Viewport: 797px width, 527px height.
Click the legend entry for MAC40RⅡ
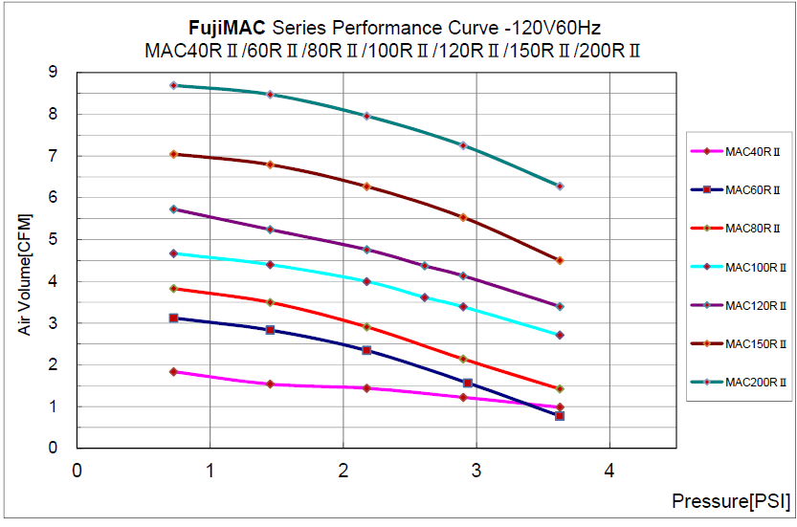click(x=738, y=151)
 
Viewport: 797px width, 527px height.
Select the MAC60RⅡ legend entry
click(x=738, y=190)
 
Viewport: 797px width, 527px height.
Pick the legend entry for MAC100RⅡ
click(x=738, y=267)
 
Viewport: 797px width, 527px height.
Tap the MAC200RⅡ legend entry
click(x=738, y=382)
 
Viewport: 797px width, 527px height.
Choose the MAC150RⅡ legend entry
click(x=738, y=343)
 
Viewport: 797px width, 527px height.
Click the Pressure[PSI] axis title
click(x=731, y=500)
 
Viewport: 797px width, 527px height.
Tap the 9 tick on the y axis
click(x=53, y=72)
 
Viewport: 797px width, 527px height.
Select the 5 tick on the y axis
click(x=53, y=239)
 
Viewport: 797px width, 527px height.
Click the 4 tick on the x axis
click(x=609, y=470)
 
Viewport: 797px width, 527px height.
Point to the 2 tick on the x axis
click(x=343, y=470)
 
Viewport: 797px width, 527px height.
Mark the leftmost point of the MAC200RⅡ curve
click(x=173, y=85)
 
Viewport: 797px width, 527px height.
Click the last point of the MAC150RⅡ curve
click(x=560, y=260)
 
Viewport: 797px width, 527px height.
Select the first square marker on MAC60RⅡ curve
click(x=173, y=318)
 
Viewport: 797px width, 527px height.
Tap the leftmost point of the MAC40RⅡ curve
click(x=173, y=371)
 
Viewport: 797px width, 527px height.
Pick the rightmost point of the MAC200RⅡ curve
click(x=560, y=187)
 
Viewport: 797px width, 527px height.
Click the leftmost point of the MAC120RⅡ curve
click(x=173, y=209)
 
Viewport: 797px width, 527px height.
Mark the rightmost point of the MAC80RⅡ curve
click(x=560, y=389)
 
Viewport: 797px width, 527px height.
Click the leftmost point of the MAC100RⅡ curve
click(x=173, y=253)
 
